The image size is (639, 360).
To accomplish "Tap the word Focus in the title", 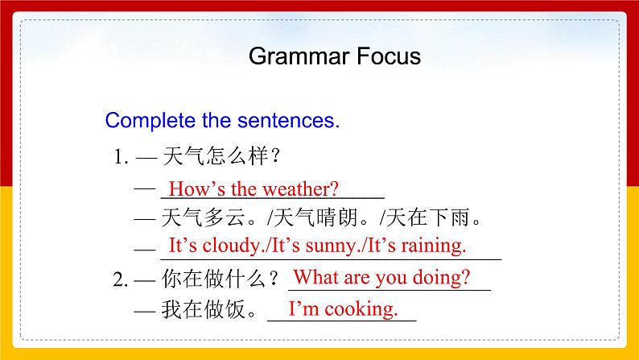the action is point(389,56).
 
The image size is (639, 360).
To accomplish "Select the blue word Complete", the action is point(150,121).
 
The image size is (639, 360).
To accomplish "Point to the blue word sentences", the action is point(289,121).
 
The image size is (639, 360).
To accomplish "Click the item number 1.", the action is point(121,156).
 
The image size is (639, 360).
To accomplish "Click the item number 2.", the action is point(121,279).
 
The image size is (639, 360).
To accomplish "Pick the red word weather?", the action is point(301,189).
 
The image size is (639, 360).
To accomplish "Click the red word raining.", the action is point(434,246).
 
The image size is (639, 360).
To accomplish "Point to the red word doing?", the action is point(441,278).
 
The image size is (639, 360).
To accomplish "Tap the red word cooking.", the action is point(361,309).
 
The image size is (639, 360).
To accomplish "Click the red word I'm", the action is point(303,308).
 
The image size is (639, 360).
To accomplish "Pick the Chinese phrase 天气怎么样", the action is point(216,156).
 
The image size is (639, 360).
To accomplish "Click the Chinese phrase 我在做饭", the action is point(204,309).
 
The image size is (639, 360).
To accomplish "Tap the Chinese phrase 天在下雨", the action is point(429,217).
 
